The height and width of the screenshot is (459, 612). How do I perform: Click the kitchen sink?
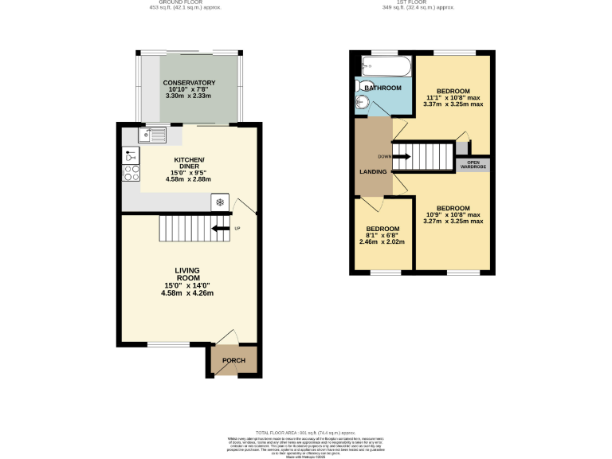151,135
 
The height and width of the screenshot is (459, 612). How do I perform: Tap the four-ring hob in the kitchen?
131,173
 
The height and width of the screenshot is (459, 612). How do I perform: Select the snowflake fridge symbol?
220,202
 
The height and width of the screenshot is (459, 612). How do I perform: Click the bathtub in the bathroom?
384,66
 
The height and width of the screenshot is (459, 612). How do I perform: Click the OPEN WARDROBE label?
473,165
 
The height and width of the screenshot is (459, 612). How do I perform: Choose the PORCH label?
233,360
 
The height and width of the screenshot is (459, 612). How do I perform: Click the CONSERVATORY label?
189,83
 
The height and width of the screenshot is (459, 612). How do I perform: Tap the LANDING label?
373,171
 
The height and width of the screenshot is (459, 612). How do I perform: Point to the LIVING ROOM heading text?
187,274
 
